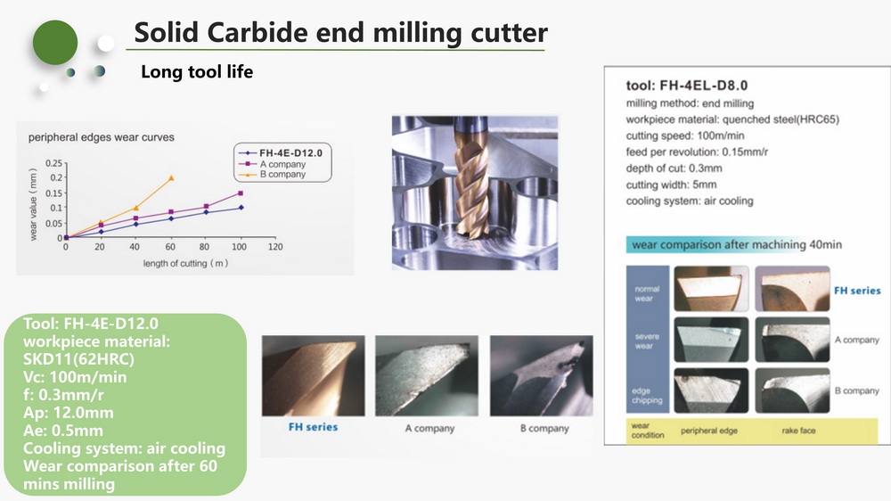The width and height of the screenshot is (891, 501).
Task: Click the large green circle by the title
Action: (x=55, y=42)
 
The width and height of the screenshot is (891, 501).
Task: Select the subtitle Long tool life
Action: (x=197, y=71)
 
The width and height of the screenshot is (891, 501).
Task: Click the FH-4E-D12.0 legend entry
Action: (x=281, y=153)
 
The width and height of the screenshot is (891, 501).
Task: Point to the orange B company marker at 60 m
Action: (x=171, y=178)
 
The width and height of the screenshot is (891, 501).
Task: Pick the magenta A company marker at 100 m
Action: (x=241, y=193)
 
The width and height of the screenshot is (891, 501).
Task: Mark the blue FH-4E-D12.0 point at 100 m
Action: (x=241, y=208)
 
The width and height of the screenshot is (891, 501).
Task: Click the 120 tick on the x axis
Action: (x=275, y=247)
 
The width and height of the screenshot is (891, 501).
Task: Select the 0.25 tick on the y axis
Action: (x=54, y=163)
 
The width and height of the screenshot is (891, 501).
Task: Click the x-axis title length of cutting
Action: (x=185, y=263)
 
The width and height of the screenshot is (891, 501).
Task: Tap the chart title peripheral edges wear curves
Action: (x=102, y=137)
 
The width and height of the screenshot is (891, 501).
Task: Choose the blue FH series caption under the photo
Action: (x=313, y=427)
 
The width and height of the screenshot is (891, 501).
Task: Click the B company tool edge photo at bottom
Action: (x=541, y=375)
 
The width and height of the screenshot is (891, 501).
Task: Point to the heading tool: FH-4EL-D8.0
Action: (x=686, y=86)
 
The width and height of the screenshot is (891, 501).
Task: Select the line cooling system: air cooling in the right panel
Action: (x=690, y=201)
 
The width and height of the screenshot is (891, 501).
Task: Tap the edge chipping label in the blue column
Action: (x=647, y=395)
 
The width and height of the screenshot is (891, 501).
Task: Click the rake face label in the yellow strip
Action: (x=798, y=431)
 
